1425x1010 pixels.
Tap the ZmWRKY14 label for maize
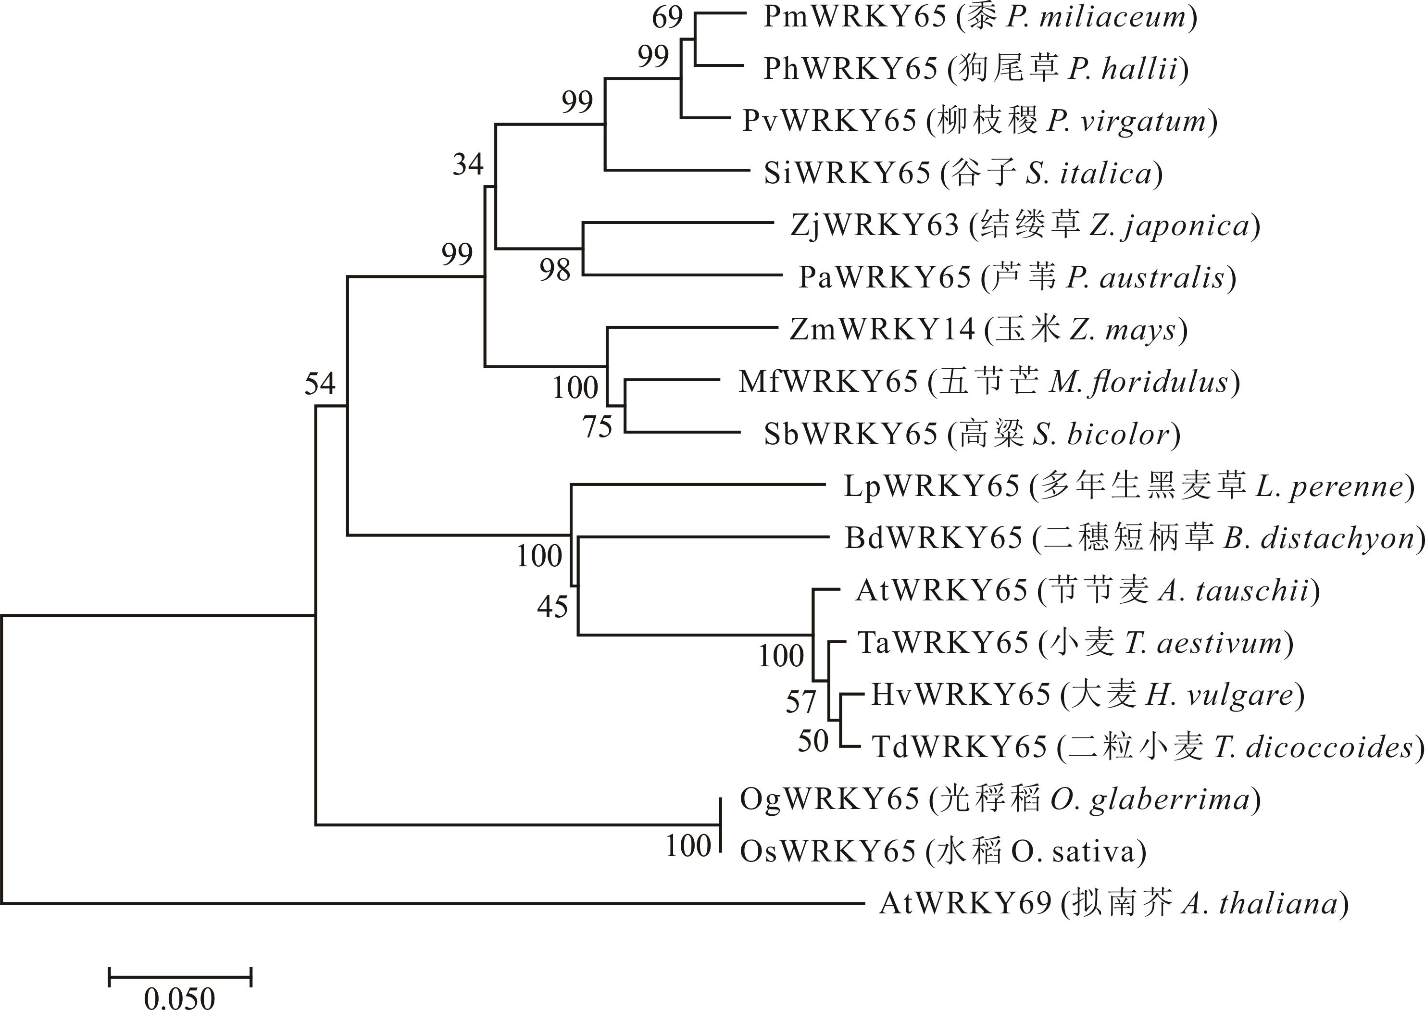click(881, 330)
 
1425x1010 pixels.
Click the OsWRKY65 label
click(827, 851)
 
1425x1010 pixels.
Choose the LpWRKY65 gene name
click(931, 486)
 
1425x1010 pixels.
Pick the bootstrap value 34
click(468, 164)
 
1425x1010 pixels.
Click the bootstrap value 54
click(320, 384)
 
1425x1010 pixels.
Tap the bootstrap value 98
click(555, 270)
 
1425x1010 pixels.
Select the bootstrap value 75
click(598, 426)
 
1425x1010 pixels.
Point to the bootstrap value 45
click(552, 606)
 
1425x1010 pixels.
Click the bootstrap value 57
click(800, 702)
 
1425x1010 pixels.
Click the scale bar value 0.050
click(179, 998)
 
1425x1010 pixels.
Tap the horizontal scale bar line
click(180, 977)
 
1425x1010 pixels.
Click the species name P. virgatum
click(1127, 121)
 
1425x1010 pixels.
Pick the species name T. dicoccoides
click(1313, 747)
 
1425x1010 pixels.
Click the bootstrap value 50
click(813, 741)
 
